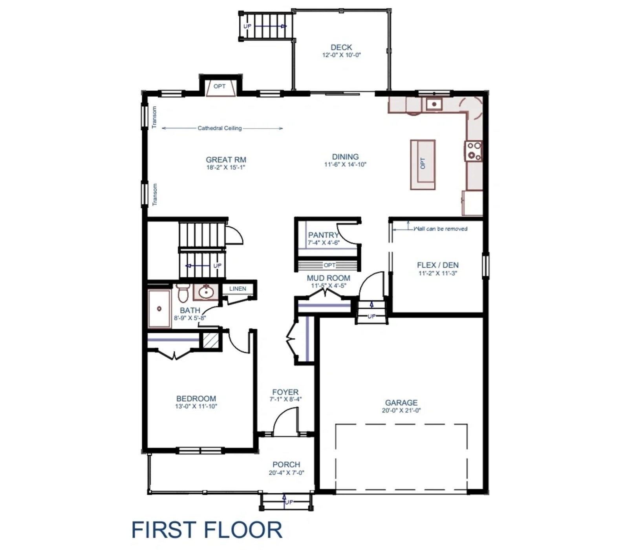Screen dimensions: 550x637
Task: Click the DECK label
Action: coord(341,47)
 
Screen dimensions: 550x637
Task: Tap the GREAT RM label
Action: coord(226,160)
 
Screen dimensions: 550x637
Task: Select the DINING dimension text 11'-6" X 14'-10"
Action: coord(345,165)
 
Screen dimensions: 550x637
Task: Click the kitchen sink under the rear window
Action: coord(434,104)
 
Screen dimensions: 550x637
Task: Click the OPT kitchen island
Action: coord(423,164)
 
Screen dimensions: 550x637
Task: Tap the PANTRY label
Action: coord(323,235)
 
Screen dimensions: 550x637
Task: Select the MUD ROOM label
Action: coord(328,278)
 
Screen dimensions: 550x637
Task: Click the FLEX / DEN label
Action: coord(437,265)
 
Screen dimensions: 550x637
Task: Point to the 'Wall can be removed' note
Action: coord(440,229)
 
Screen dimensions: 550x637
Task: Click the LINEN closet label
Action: coord(238,289)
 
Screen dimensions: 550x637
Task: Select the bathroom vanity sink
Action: coord(205,292)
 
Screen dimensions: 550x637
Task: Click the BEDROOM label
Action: coord(196,399)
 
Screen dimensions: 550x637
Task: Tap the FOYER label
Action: coord(286,392)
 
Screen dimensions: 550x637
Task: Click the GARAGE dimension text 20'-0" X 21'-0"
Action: coord(401,411)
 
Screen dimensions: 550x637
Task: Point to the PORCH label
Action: coord(286,464)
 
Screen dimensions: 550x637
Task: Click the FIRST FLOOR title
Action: coord(207,530)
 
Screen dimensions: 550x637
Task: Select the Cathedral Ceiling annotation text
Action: coord(220,128)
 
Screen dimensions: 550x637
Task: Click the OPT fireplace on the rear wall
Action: coord(220,87)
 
